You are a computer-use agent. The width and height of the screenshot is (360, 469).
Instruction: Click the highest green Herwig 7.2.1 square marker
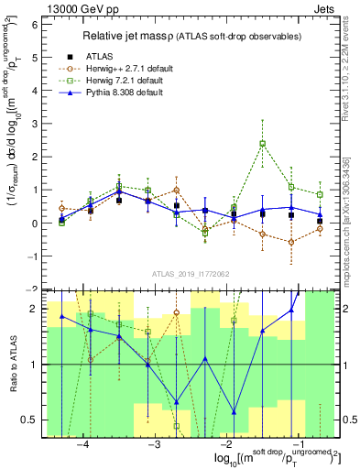click(263, 144)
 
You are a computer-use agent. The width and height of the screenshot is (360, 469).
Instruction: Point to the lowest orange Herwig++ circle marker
click(291, 242)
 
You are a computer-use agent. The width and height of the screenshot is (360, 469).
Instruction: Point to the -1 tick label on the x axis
click(295, 443)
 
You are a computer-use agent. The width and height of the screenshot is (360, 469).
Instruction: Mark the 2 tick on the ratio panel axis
click(35, 309)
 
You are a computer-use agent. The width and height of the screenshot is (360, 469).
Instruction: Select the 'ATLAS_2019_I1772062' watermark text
click(190, 273)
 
